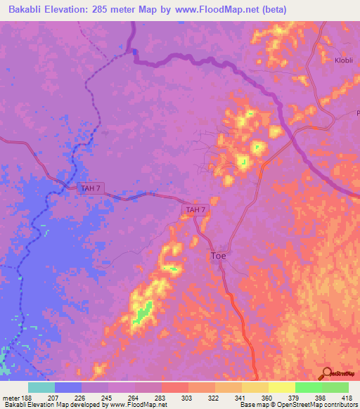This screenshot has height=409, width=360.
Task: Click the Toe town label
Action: click(x=219, y=257)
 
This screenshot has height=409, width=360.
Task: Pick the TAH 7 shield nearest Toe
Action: click(x=195, y=209)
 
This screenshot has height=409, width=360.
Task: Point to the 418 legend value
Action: click(x=347, y=397)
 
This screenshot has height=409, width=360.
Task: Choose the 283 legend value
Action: click(x=161, y=397)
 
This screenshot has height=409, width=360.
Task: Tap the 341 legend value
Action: click(x=241, y=397)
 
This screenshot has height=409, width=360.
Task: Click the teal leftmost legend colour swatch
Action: click(x=41, y=387)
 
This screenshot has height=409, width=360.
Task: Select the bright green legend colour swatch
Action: click(x=308, y=387)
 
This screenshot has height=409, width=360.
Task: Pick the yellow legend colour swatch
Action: click(x=281, y=387)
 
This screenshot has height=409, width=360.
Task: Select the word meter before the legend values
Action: click(x=11, y=397)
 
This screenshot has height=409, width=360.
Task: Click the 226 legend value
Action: click(x=81, y=397)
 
